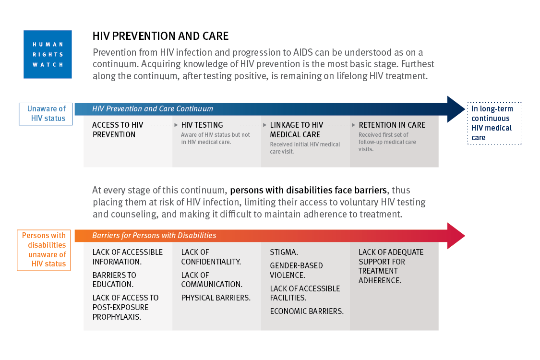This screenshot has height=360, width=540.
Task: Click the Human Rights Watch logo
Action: click(x=48, y=54)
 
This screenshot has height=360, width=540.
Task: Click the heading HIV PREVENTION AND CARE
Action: click(x=160, y=36)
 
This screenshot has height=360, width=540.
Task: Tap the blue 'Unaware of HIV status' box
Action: click(x=46, y=114)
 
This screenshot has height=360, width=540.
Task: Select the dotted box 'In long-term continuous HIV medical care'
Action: click(x=494, y=123)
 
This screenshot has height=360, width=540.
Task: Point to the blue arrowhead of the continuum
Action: click(x=456, y=109)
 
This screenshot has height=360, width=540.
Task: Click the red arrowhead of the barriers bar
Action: click(x=456, y=236)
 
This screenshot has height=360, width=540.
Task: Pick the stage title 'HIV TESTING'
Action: click(x=202, y=125)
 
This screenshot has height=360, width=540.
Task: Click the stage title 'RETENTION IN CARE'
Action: click(x=392, y=125)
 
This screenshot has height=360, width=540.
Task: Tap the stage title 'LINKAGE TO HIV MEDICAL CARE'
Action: click(x=297, y=130)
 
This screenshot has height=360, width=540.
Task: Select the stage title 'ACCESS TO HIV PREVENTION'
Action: click(x=118, y=130)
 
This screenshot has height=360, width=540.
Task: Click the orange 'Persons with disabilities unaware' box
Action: click(x=44, y=250)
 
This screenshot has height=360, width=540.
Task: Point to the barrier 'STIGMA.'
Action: click(x=284, y=252)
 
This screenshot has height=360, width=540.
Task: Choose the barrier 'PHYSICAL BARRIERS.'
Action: click(x=216, y=298)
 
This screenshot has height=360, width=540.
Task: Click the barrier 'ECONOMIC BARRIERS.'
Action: click(x=307, y=311)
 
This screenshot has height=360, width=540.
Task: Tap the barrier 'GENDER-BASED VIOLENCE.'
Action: click(x=297, y=270)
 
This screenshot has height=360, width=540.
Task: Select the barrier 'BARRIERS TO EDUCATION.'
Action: click(x=114, y=280)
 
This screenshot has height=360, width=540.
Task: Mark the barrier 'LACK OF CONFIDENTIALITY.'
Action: click(x=211, y=257)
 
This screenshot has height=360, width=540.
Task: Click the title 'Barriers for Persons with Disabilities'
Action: click(x=154, y=235)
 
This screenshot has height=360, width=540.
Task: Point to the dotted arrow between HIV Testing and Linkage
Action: click(x=253, y=125)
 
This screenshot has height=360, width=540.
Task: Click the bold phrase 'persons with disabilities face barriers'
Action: click(x=309, y=190)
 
